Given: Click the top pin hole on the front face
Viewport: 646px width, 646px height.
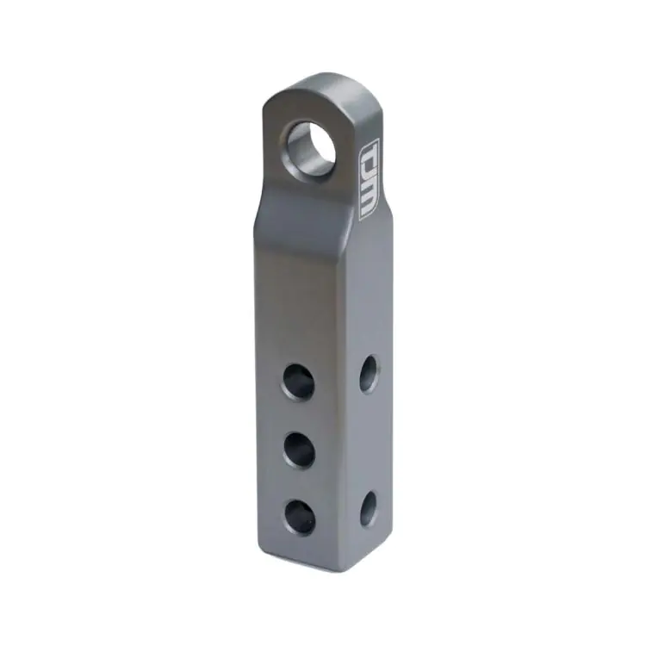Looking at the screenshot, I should (299, 381).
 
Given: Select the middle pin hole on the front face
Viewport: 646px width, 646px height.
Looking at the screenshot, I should (299, 449).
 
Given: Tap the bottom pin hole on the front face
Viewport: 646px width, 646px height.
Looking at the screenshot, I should (299, 515).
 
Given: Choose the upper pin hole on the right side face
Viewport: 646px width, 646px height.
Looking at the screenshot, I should (369, 373).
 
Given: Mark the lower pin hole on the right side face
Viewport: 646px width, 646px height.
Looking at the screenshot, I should (368, 507).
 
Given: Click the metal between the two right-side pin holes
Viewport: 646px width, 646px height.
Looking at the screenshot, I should (369, 439).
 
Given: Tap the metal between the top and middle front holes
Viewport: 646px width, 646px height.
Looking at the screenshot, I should (299, 415).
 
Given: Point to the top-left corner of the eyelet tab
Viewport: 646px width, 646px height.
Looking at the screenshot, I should (264, 103).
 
